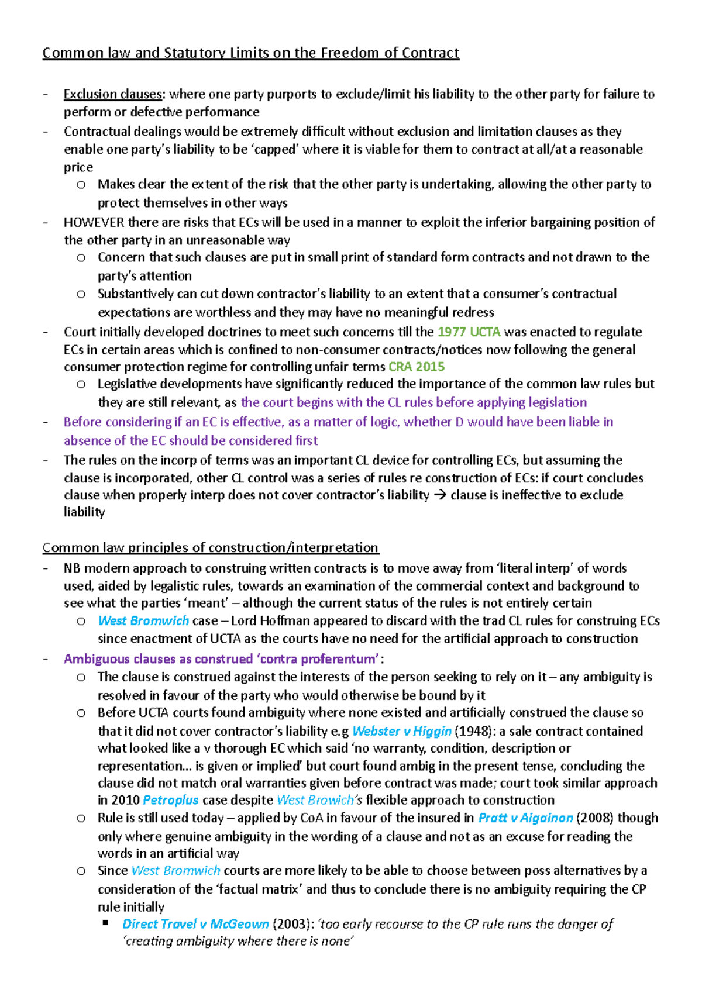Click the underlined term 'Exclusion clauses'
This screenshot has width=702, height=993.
112,94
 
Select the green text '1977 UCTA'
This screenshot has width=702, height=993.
469,332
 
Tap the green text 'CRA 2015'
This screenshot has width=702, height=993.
417,367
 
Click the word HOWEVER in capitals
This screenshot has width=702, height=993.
94,222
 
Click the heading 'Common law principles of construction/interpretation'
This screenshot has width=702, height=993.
211,547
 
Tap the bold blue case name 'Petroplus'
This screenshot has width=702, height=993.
171,800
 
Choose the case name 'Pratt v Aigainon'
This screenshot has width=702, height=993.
525,818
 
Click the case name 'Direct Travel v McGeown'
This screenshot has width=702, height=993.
195,924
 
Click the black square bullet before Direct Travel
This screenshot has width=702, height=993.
106,923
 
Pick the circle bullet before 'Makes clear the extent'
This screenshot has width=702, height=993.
81,185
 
